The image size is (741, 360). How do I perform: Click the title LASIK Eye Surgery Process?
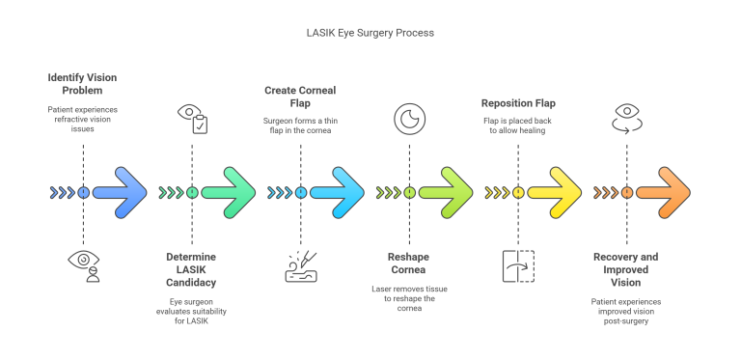click(x=370, y=33)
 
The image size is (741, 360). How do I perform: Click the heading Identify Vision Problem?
click(x=83, y=83)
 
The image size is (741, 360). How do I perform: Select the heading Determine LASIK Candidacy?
click(x=192, y=270)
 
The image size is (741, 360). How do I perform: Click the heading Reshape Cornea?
click(x=409, y=263)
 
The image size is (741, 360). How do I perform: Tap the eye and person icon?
click(x=84, y=263)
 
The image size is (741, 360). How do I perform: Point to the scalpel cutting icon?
click(x=301, y=265)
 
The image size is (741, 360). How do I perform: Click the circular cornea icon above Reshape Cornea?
click(x=409, y=118)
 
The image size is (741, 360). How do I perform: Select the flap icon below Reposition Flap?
click(x=518, y=265)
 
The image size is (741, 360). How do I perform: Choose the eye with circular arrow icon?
click(x=626, y=118)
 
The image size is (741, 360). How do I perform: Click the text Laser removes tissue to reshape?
click(x=409, y=293)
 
